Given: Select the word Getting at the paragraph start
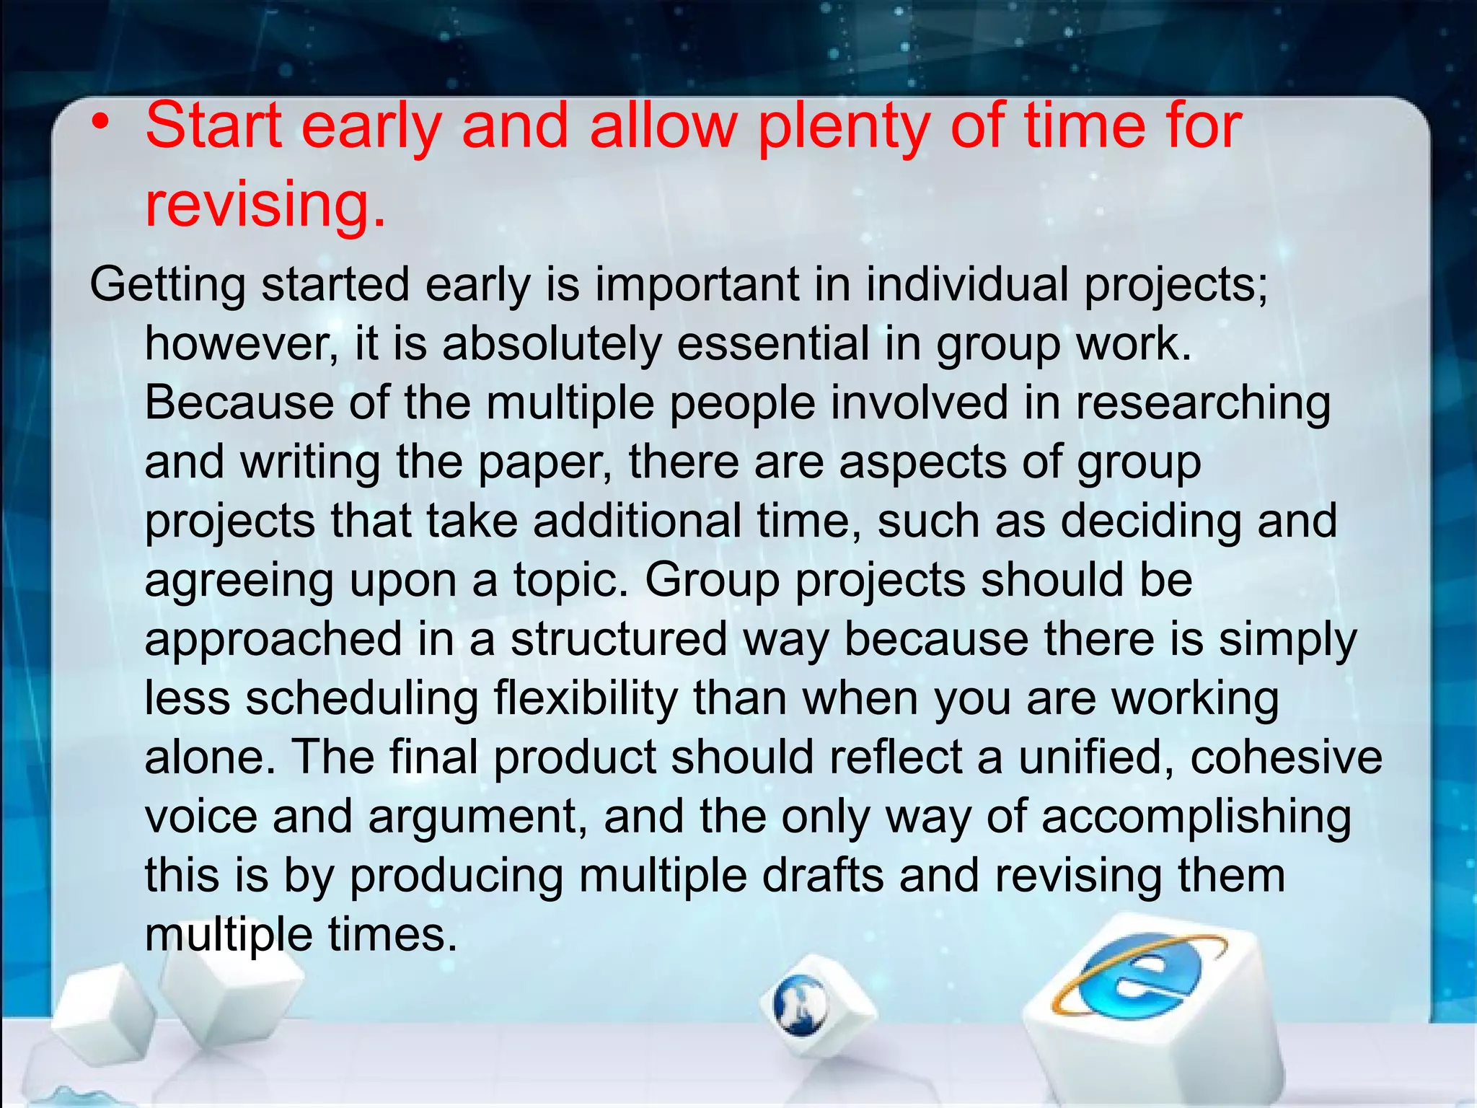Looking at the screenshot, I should coord(167,286).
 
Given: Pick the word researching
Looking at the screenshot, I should coord(1203,403).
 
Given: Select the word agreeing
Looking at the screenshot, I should coord(239,581).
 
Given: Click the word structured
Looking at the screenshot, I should coord(619,640).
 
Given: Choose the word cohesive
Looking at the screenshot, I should coord(1286,757).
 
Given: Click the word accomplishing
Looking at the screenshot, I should coord(1196,817).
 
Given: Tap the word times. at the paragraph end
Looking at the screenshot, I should coord(393,935).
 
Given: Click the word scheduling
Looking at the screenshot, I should coord(361,698).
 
